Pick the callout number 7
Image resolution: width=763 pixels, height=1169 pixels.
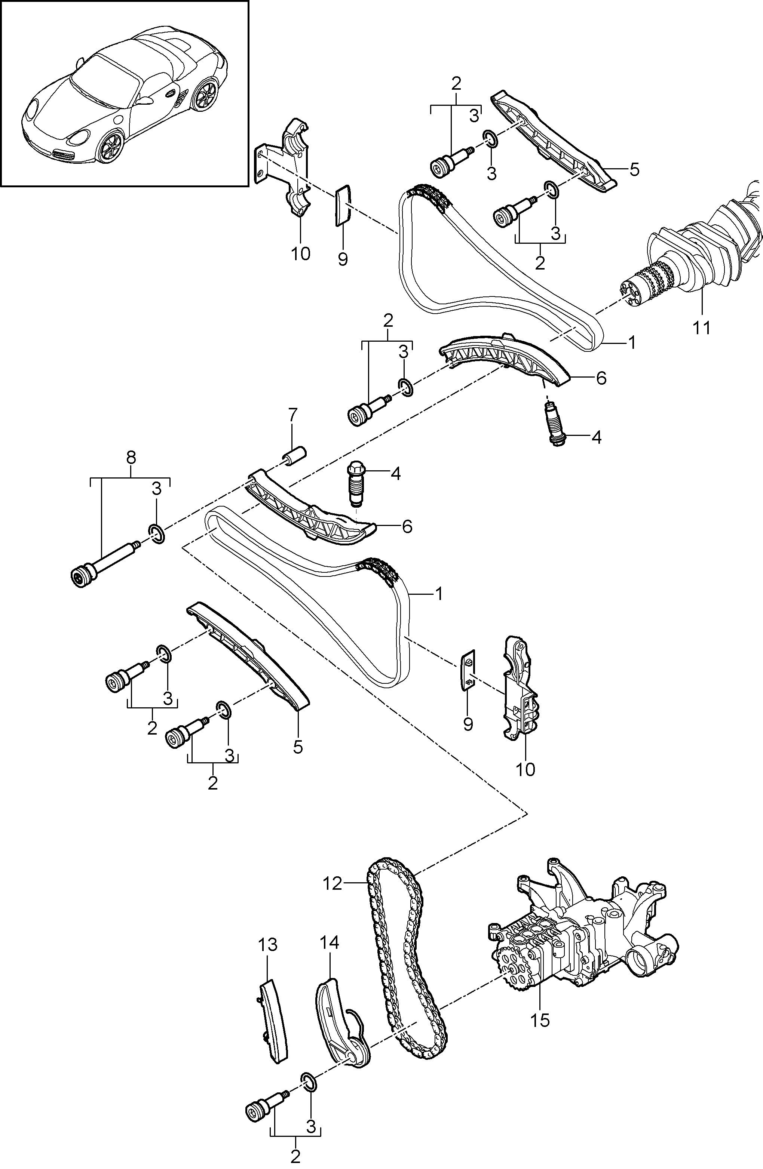(292, 415)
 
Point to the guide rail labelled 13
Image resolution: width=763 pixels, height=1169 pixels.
(273, 1021)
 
